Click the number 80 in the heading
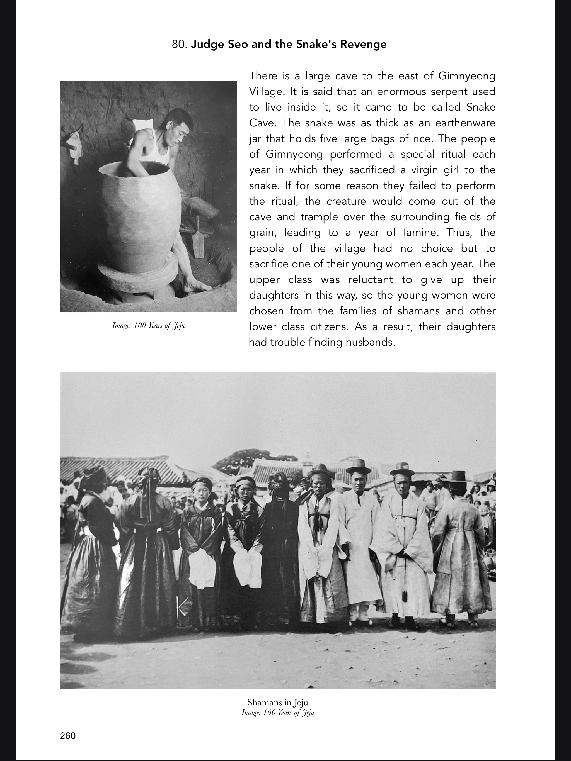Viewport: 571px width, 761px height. pos(179,44)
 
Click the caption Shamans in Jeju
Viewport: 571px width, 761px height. pos(278,702)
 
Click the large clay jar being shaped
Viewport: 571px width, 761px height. pos(141,213)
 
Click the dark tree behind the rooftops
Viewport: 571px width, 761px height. pos(255,459)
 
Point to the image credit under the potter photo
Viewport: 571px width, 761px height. pos(148,325)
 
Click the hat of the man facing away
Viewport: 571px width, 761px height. pos(459,477)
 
